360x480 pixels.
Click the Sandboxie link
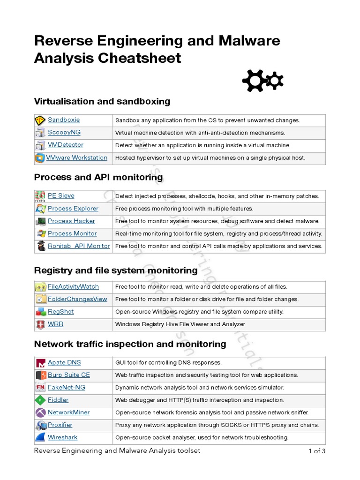point(64,120)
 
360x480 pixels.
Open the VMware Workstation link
point(76,158)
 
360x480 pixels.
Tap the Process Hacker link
point(71,221)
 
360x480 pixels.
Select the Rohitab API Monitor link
point(79,246)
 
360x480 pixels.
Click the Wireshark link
point(62,437)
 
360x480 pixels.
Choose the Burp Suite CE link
point(68,375)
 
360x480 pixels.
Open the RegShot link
point(60,312)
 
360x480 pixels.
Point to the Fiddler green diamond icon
point(40,400)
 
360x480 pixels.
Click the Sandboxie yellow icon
point(40,120)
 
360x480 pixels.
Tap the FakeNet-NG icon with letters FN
point(40,388)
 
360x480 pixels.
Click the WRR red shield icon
point(40,324)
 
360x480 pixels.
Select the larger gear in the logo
point(254,81)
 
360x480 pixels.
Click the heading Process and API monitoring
point(98,177)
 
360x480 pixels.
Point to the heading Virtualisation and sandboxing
point(102,101)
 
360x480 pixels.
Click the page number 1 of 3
point(316,451)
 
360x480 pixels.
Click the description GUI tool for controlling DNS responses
point(168,363)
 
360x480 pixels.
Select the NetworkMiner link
point(68,412)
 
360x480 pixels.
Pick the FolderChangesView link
point(77,299)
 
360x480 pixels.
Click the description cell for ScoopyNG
point(200,133)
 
